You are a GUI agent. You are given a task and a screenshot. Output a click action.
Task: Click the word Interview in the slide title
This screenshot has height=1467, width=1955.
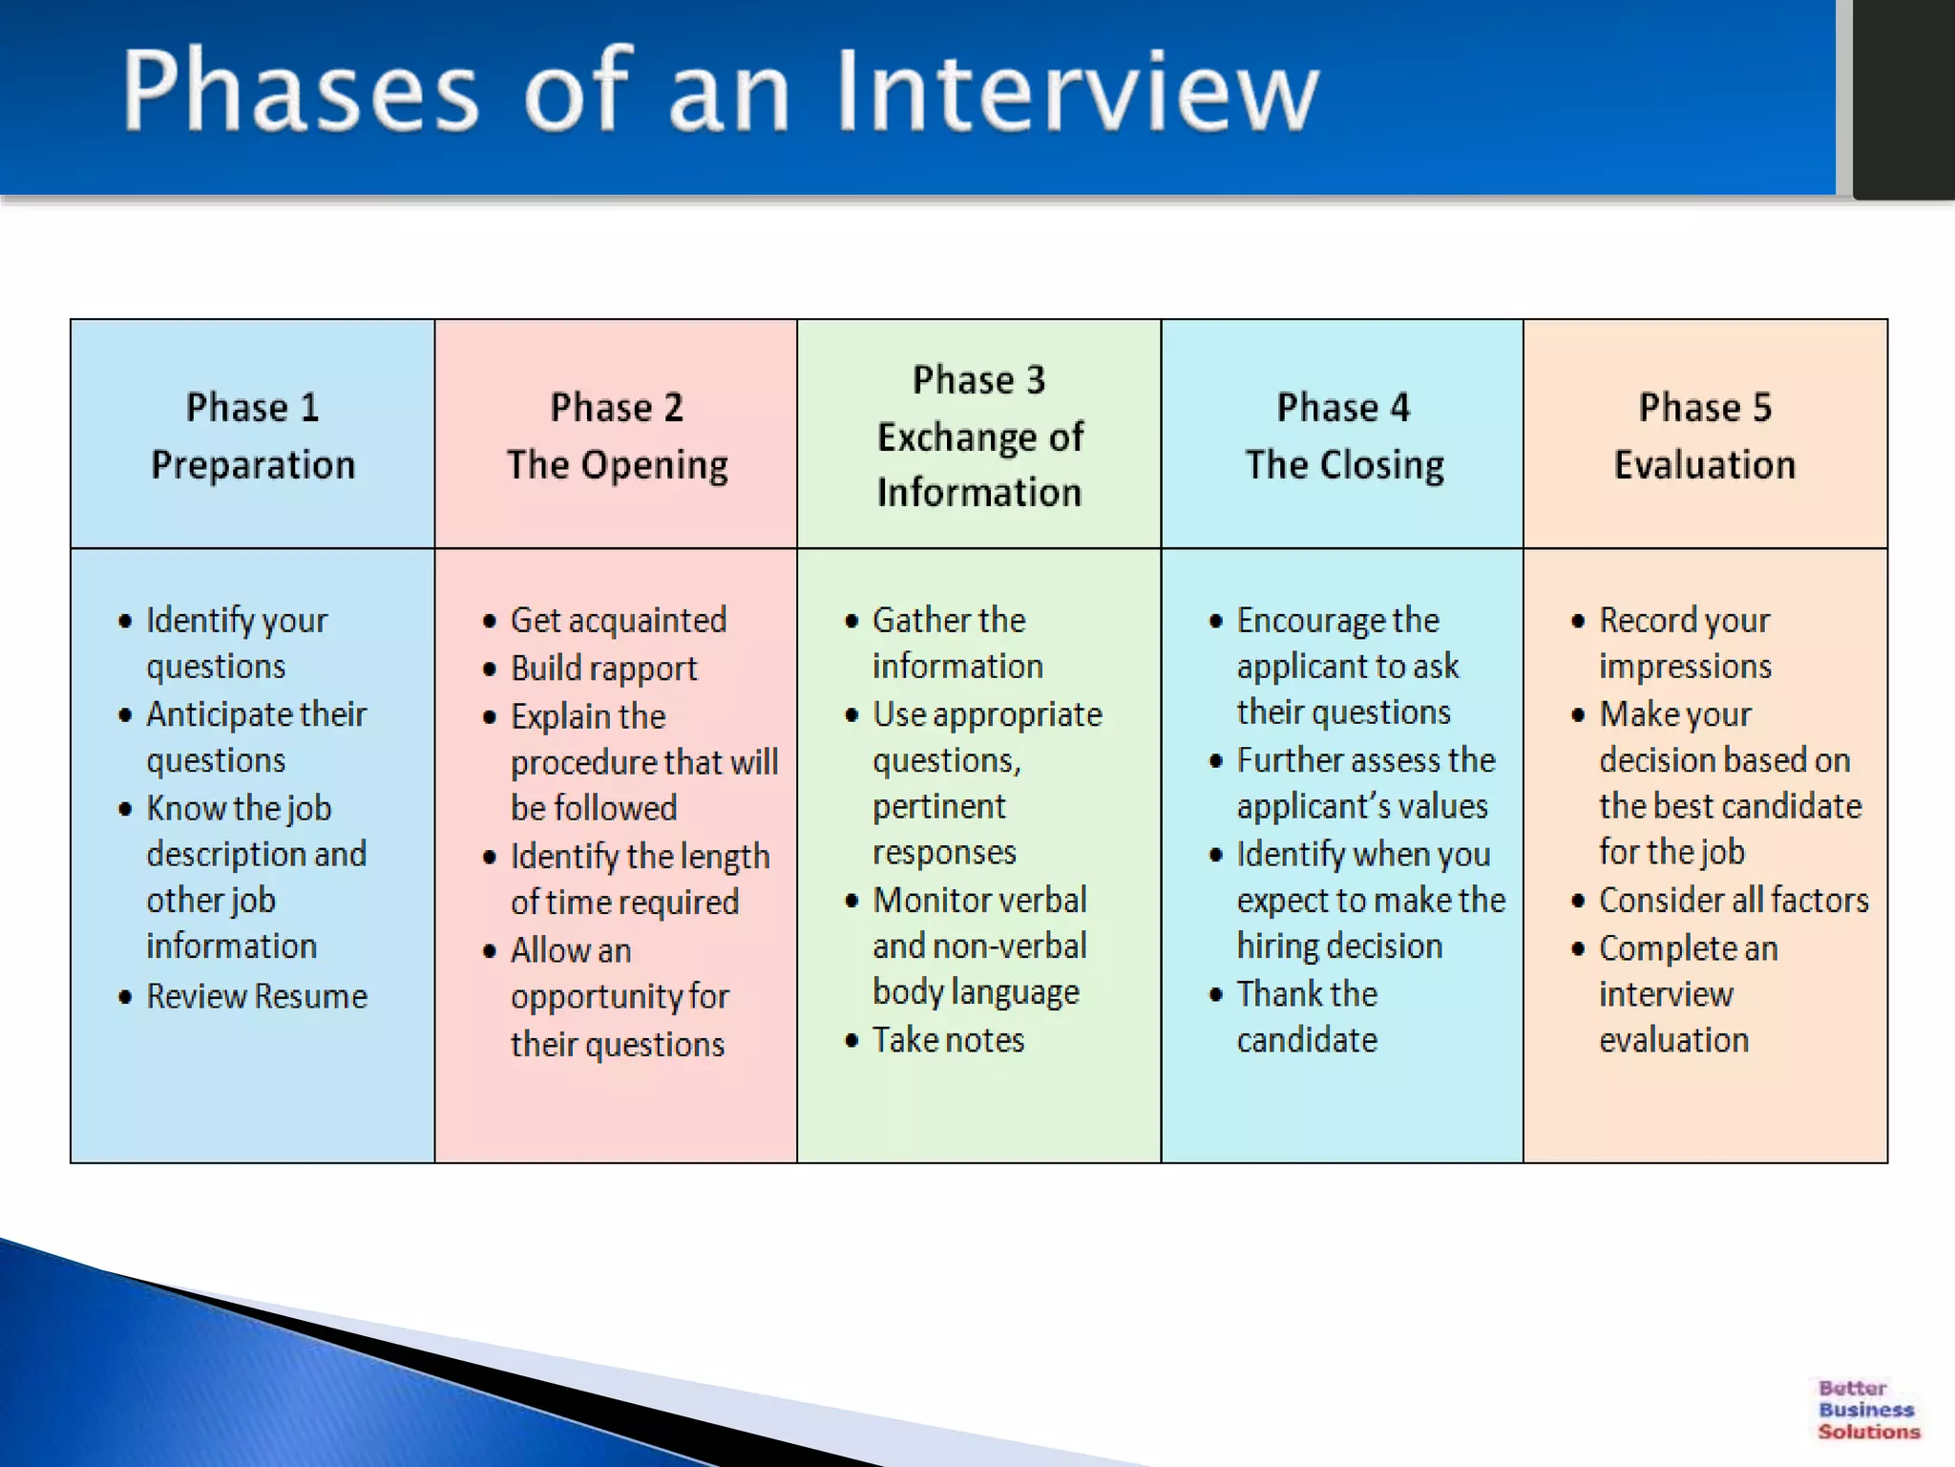point(1077,91)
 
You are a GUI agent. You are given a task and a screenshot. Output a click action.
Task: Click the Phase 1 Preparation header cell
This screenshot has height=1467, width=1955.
point(252,436)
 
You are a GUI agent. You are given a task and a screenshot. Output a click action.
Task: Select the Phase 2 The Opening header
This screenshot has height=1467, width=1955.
point(617,436)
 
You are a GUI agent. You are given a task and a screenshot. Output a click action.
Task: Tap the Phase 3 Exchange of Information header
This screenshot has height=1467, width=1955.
point(979,436)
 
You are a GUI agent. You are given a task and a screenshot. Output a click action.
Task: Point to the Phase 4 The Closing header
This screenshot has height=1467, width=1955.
point(1343,436)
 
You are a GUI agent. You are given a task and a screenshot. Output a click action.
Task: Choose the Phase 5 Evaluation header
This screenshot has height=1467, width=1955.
point(1705,436)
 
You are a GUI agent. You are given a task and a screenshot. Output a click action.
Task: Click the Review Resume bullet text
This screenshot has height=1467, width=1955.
point(257,996)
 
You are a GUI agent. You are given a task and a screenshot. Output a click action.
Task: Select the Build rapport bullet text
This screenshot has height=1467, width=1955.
point(603,669)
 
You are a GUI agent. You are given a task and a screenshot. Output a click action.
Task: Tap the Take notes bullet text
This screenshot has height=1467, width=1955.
point(948,1040)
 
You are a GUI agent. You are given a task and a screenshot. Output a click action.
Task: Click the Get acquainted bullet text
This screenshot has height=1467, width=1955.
point(619,621)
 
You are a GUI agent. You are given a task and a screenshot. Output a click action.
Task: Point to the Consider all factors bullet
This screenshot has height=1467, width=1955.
point(1734,900)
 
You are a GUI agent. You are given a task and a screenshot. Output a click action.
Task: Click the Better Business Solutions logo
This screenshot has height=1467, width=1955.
point(1867,1410)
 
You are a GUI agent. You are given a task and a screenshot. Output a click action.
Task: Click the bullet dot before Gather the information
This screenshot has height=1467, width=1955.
point(851,621)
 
